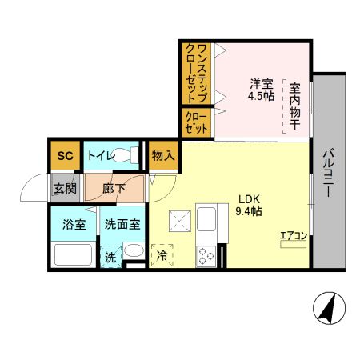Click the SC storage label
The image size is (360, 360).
pos(65,156)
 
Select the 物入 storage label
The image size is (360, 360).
pos(162,155)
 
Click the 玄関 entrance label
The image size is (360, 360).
pos(65,189)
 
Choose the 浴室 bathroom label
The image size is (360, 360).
pos(74,225)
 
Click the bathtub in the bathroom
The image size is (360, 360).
pos(74,254)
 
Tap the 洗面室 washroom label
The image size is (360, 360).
pos(122,225)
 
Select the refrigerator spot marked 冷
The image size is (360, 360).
pos(162,255)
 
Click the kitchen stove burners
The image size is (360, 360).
pos(207,254)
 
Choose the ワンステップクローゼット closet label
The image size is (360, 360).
pos(195,72)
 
